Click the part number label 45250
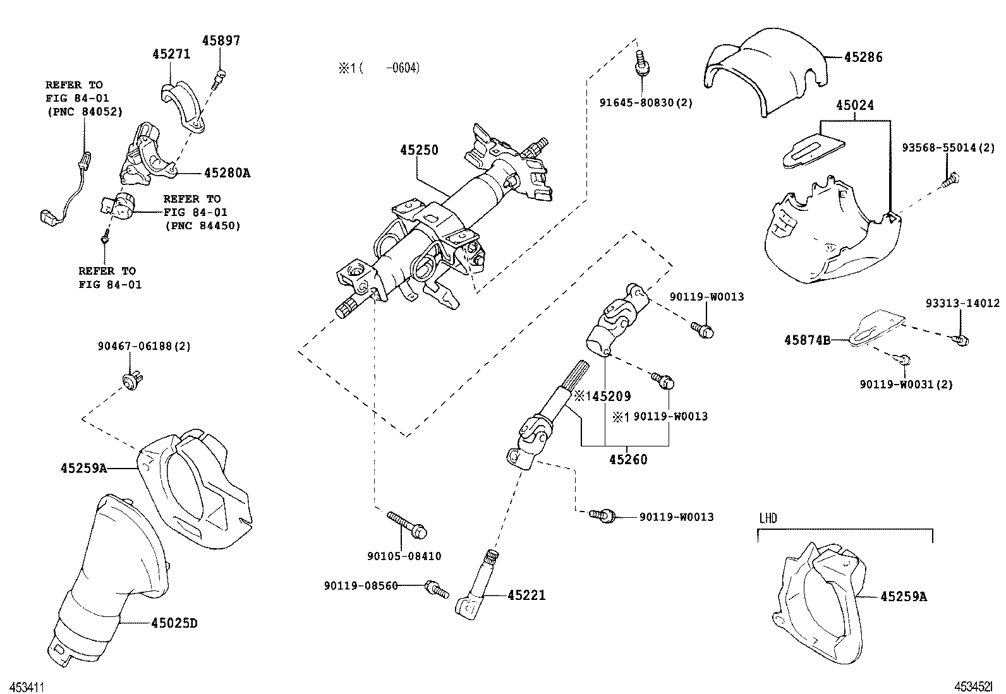tap(419, 150)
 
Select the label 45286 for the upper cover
tap(863, 57)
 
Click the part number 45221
tap(526, 595)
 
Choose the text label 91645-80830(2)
tap(646, 102)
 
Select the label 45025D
tap(174, 623)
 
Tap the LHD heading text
tap(768, 518)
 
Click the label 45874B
tap(807, 340)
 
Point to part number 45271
tap(171, 55)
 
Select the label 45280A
tap(227, 173)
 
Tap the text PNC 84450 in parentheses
tap(202, 225)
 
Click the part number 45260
tap(628, 460)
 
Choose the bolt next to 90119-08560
tap(436, 589)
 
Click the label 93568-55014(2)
tap(948, 148)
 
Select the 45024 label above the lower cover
tap(855, 105)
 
